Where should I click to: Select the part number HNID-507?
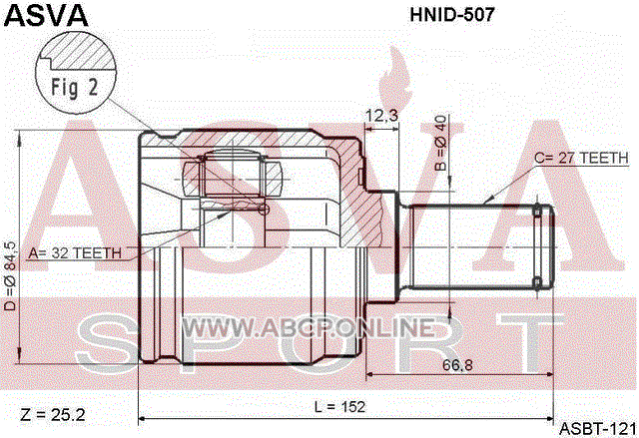tap(452, 15)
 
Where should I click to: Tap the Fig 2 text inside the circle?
tap(75, 88)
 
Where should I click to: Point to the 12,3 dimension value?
tap(381, 116)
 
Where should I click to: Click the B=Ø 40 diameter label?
tap(441, 143)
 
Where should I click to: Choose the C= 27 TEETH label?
tap(581, 158)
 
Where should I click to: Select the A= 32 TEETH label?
tap(75, 253)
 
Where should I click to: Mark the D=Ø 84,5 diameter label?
tap(10, 275)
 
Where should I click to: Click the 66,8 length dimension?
tap(457, 365)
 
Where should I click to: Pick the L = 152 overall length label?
tap(339, 406)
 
